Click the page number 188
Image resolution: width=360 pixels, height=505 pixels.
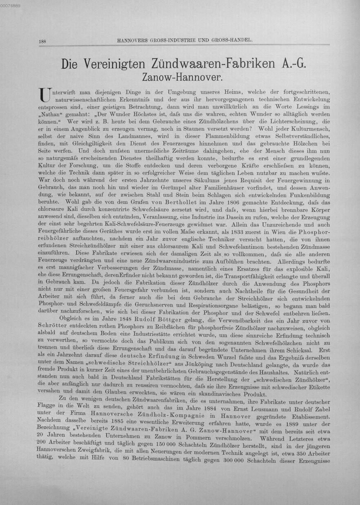[x=42, y=41]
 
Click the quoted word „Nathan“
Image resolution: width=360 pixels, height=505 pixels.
[x=48, y=115]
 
